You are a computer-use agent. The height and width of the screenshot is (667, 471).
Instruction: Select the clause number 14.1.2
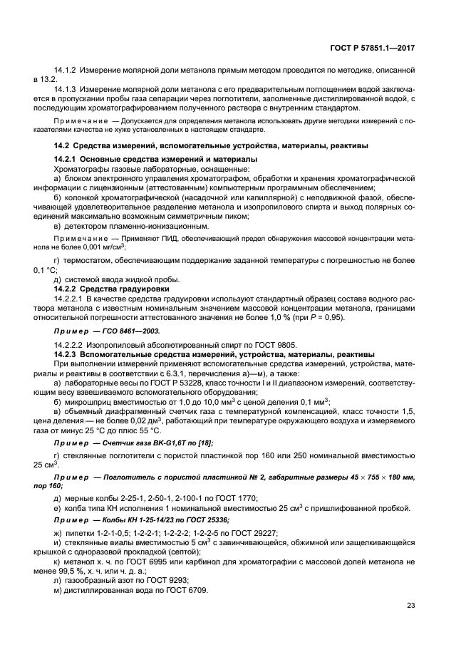point(66,73)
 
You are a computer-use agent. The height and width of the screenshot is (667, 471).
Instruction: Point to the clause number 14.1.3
point(66,91)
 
